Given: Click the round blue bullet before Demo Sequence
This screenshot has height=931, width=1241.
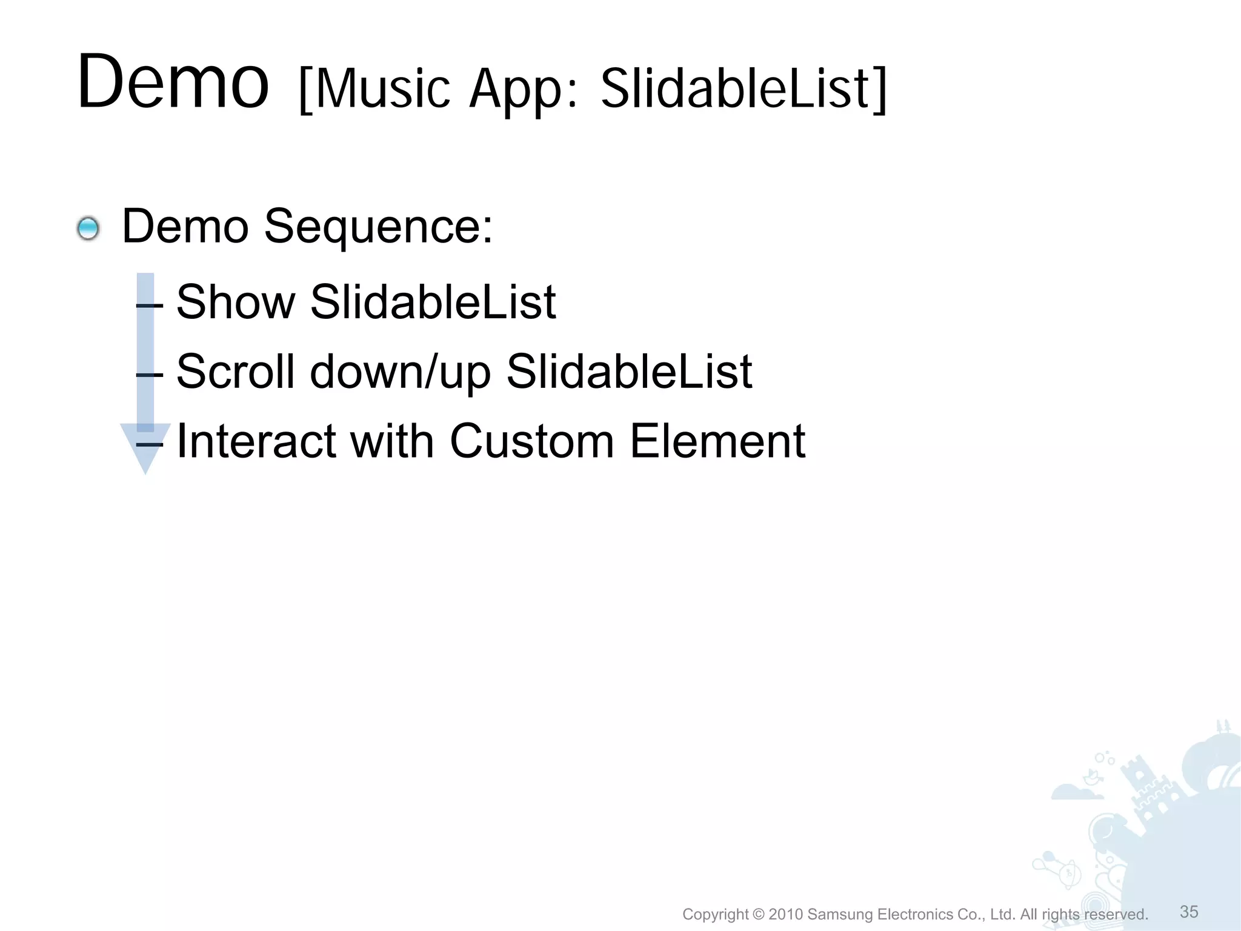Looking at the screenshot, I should coord(88,229).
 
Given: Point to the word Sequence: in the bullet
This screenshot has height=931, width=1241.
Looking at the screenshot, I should coord(378,227).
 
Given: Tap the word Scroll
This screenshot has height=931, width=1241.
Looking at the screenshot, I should coord(236,372).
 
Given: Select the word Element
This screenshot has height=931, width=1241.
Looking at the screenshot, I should coord(717,441).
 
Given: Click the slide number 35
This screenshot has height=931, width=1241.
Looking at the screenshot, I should coord(1189,912).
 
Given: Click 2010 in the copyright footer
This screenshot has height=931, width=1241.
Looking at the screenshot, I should coord(785,914).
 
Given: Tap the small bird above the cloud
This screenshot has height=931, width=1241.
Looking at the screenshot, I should coord(1093,776).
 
